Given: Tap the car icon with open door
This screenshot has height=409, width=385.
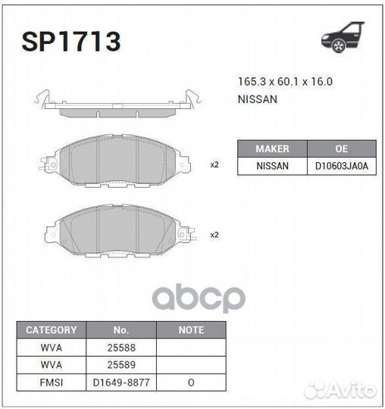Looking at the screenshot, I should click(x=342, y=38).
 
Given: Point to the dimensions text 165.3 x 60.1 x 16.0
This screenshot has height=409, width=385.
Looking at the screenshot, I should click(x=285, y=82).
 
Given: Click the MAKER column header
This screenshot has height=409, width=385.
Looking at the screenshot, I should click(x=272, y=148).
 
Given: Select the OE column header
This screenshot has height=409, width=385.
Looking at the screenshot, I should click(x=341, y=148).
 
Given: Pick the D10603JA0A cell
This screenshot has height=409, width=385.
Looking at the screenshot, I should click(x=341, y=166).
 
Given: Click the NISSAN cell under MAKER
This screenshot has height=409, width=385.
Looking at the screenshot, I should click(x=272, y=166).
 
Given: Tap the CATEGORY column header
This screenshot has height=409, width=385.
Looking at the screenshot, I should click(x=52, y=330).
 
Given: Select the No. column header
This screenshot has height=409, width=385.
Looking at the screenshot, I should click(x=121, y=330).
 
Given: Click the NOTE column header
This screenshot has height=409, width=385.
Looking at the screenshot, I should click(x=191, y=330).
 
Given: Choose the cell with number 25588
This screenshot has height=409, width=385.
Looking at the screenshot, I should click(x=121, y=348).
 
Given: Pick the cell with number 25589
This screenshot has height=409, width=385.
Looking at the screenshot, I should click(x=121, y=365).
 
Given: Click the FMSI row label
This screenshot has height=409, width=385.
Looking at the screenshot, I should click(x=52, y=382).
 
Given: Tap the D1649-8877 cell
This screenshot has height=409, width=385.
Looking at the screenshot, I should click(x=121, y=382).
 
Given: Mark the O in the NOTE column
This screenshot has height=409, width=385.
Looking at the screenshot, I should click(x=191, y=382).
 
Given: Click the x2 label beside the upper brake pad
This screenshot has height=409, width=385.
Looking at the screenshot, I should click(x=214, y=164).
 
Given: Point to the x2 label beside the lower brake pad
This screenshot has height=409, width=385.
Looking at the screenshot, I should click(x=214, y=235).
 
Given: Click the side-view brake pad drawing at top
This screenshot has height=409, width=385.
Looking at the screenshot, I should click(x=117, y=105).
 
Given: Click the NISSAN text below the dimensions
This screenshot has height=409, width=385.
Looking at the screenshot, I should click(x=258, y=98).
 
